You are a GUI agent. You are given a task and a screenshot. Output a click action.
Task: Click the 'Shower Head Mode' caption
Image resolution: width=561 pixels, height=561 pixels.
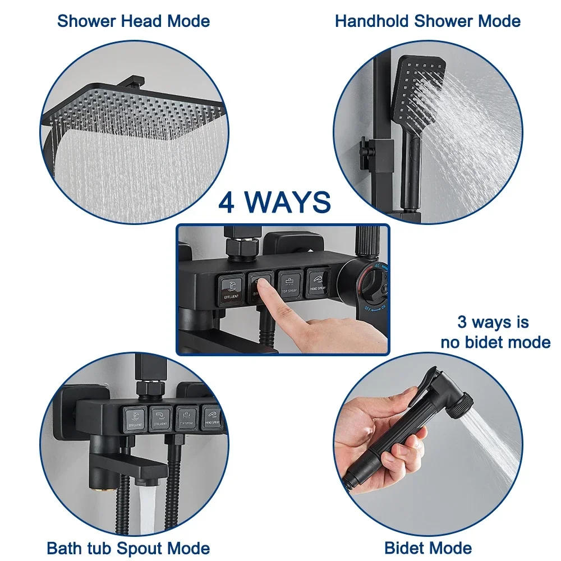click(x=133, y=21)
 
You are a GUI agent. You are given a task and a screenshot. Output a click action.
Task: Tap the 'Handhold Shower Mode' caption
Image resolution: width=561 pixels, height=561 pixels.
click(x=427, y=21)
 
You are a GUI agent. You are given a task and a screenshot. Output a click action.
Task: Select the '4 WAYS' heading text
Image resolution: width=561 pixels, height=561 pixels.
click(x=274, y=203)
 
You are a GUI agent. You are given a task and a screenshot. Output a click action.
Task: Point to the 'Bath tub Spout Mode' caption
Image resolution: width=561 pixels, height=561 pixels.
click(x=128, y=548)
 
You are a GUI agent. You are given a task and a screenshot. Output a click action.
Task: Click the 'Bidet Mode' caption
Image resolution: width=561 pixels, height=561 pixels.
click(x=427, y=548)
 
